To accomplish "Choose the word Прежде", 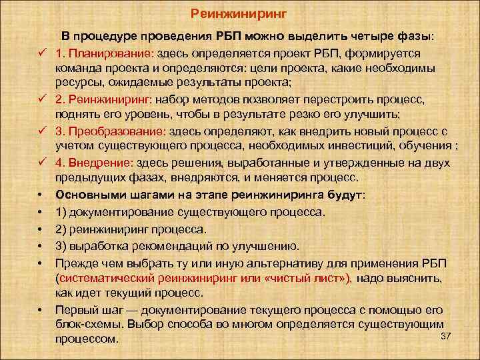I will pos(75,261).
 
